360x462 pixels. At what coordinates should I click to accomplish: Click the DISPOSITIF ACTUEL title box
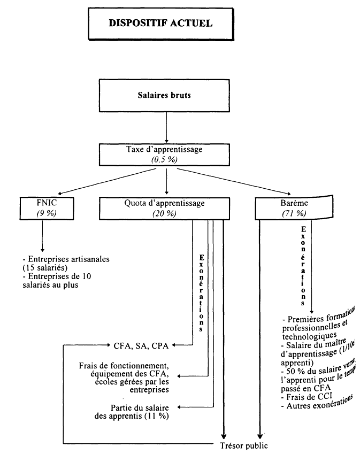pos(160,24)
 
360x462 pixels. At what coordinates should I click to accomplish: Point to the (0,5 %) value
pos(166,158)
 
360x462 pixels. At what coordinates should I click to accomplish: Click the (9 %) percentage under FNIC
pos(42,213)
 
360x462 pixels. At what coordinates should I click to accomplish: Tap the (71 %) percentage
pos(293,213)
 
